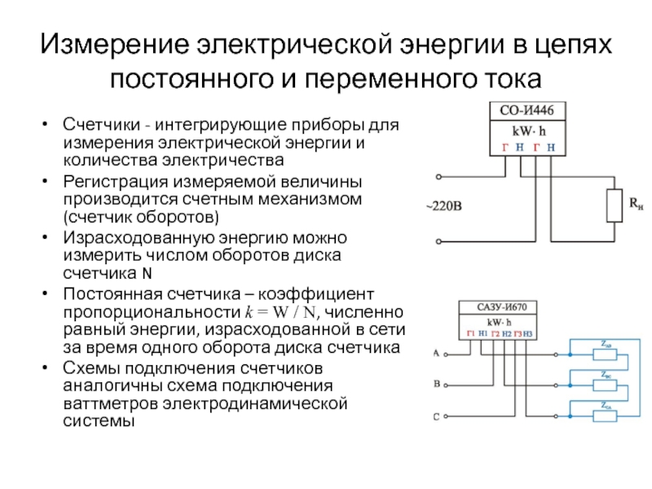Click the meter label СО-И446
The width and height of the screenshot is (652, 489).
point(527,112)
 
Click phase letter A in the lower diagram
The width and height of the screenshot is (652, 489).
point(436,354)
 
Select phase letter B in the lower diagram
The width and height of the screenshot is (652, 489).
point(436,383)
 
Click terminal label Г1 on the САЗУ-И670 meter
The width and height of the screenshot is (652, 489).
point(470,334)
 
